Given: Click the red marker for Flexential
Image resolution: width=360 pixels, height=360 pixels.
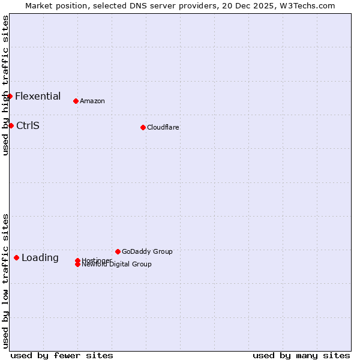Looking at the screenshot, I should [x=10, y=96].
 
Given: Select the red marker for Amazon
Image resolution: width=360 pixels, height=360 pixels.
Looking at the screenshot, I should [x=76, y=101].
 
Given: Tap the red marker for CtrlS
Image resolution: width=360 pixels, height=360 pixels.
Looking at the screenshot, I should [x=11, y=125].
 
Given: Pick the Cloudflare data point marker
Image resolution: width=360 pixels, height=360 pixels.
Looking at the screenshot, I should [x=143, y=127].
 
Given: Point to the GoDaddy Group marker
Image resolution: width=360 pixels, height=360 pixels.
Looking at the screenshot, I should [x=118, y=251].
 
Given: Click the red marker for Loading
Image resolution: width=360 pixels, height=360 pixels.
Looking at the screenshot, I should [x=16, y=257].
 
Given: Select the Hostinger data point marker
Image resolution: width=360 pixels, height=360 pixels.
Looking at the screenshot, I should [x=77, y=260].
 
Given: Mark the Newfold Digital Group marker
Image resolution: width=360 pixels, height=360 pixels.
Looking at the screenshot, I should [x=77, y=265].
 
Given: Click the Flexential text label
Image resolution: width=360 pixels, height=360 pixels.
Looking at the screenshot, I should [x=38, y=96].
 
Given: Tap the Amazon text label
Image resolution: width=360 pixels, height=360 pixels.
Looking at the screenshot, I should [x=92, y=101].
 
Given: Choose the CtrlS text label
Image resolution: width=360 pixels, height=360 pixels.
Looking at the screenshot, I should [x=28, y=125].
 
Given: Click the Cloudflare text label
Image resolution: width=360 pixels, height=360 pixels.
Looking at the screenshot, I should [x=163, y=127].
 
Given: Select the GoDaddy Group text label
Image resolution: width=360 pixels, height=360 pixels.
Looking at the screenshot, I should [x=147, y=251].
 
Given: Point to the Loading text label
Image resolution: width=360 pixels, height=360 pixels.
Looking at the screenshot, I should [x=40, y=257].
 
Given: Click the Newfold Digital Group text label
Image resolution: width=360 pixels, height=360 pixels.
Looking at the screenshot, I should [x=117, y=265].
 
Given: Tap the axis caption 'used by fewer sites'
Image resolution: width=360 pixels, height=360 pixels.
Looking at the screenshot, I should [x=62, y=355].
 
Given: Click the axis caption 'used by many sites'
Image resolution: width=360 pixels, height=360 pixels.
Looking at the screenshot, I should [x=301, y=355].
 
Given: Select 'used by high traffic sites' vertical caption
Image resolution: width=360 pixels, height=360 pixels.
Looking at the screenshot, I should [x=5, y=85].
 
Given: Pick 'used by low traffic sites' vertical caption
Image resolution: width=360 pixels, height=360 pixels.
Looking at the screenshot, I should [x=5, y=281].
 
